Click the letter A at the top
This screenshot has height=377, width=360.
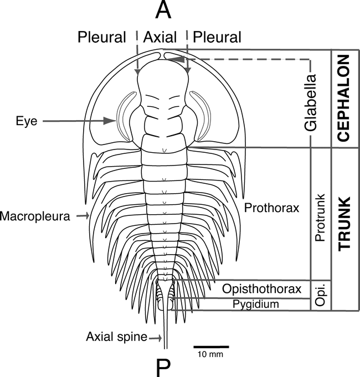tap(162, 9)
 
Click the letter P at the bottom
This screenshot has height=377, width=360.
tap(164, 366)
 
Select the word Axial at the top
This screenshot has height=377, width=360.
tap(160, 37)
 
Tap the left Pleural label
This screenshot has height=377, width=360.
tap(102, 37)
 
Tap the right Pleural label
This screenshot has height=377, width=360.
tap(217, 37)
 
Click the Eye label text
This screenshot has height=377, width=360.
tap(26, 121)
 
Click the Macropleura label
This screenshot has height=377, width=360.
tap(35, 215)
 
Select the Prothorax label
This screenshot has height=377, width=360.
tap(271, 208)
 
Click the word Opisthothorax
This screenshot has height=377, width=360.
tap(261, 289)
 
